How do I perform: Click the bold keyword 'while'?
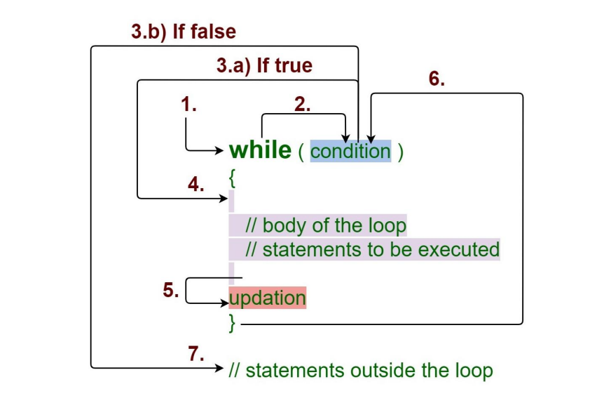(x=259, y=150)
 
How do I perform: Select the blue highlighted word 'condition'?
(x=350, y=151)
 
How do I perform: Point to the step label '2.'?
(x=303, y=105)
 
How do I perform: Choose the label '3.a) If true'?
(x=264, y=67)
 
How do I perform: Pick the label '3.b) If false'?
(x=184, y=32)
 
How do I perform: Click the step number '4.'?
(x=196, y=185)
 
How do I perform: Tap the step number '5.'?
(x=171, y=290)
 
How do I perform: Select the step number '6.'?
(x=437, y=79)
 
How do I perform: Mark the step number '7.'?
(x=196, y=353)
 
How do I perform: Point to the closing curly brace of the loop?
(x=233, y=322)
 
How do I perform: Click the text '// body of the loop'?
(x=325, y=226)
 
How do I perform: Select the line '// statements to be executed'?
(x=371, y=249)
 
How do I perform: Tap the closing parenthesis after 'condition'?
(x=400, y=152)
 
